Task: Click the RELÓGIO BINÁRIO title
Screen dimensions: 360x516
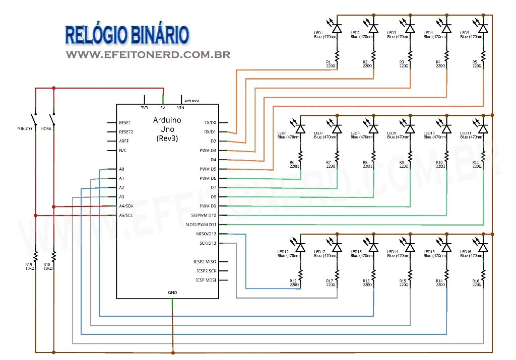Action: pyautogui.click(x=127, y=35)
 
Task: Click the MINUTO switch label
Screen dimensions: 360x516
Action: pyautogui.click(x=25, y=128)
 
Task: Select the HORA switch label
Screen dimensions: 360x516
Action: pyautogui.click(x=47, y=128)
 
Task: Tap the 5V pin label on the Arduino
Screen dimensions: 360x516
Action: pyautogui.click(x=162, y=108)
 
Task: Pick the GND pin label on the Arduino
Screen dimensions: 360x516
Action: pyautogui.click(x=172, y=293)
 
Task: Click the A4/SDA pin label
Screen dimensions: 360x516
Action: pyautogui.click(x=126, y=206)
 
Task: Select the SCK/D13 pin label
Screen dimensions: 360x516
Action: pyautogui.click(x=208, y=243)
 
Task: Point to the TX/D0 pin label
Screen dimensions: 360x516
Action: pyautogui.click(x=210, y=122)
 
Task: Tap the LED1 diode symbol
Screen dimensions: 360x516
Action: pyautogui.click(x=337, y=28)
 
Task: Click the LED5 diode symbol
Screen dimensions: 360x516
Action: pyautogui.click(x=483, y=28)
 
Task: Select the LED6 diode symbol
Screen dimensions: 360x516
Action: pyautogui.click(x=300, y=128)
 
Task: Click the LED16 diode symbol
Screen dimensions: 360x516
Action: pyautogui.click(x=483, y=247)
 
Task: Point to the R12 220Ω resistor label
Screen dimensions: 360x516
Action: pyautogui.click(x=294, y=283)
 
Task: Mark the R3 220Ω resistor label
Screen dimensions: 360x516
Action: pyautogui.click(x=404, y=63)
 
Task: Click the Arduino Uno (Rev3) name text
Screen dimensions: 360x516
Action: pyautogui.click(x=167, y=129)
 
